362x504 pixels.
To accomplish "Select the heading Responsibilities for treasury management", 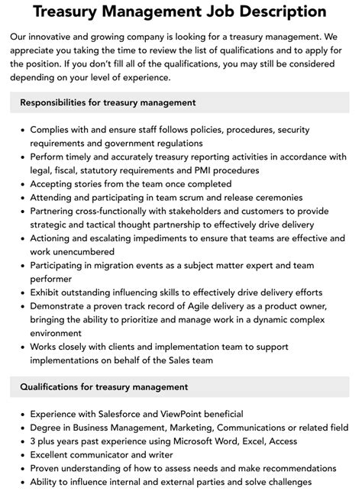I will pos(108,102).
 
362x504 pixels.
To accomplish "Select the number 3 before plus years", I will pos(34,441).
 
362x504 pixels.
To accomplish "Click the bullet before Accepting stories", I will pos(21,183).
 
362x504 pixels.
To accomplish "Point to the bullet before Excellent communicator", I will pos(21,454).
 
